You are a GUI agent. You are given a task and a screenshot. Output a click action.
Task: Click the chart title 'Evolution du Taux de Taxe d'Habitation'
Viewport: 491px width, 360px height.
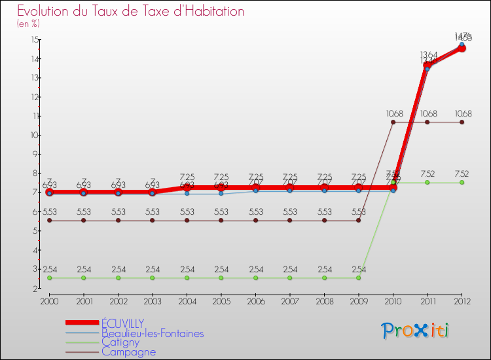(x=131, y=11)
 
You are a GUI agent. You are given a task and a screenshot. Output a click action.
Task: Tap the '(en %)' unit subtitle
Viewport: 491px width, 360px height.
(x=28, y=24)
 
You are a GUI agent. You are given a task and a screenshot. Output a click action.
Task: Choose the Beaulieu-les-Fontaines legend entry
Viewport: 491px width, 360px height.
(x=152, y=333)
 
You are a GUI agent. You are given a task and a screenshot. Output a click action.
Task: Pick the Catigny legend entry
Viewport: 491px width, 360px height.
(x=120, y=342)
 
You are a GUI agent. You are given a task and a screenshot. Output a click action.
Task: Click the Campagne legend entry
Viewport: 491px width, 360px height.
(x=128, y=352)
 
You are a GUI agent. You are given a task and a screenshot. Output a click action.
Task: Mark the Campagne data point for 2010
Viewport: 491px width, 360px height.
(x=393, y=122)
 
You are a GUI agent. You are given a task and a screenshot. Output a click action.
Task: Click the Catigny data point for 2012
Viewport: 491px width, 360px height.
(x=462, y=183)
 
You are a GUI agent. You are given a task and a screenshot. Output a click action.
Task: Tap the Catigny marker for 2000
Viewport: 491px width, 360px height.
(x=49, y=278)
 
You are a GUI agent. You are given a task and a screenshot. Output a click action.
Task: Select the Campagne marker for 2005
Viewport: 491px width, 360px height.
(x=221, y=221)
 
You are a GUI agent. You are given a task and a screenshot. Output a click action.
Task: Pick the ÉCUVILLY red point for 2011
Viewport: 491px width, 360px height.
(x=427, y=65)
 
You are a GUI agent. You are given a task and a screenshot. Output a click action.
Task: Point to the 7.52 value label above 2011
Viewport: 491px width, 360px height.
(x=427, y=174)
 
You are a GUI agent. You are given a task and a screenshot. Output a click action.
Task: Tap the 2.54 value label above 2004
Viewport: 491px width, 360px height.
(x=187, y=269)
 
